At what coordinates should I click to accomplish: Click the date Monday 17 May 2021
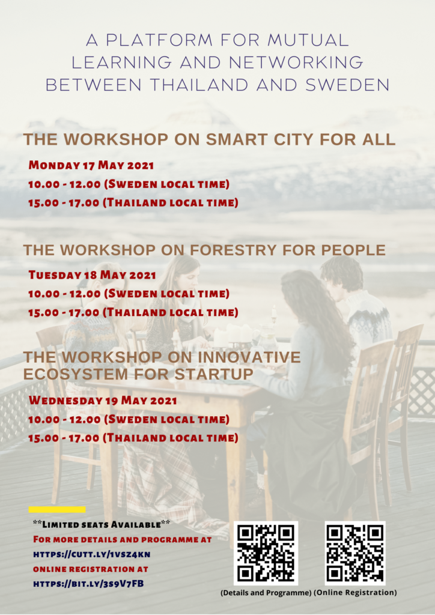click(x=91, y=165)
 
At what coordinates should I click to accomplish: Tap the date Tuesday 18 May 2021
click(x=92, y=275)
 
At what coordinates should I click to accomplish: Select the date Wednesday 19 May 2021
click(x=103, y=401)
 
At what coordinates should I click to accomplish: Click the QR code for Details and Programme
click(x=266, y=553)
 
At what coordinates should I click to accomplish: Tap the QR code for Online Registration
click(x=355, y=553)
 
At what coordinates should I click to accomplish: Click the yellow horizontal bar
click(x=57, y=509)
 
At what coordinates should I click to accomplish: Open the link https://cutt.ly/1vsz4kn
click(x=92, y=554)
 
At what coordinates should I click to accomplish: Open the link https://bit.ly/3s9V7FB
click(x=89, y=584)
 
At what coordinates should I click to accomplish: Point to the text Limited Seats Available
click(x=102, y=524)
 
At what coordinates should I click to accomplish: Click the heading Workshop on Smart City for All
click(x=210, y=139)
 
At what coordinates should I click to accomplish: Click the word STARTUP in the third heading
click(x=214, y=374)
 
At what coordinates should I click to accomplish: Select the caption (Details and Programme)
click(x=266, y=592)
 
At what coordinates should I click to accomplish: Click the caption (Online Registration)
click(x=355, y=592)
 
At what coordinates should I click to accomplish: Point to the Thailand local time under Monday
click(x=133, y=203)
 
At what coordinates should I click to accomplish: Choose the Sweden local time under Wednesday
click(x=129, y=419)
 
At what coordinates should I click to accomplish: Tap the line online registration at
click(x=91, y=569)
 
